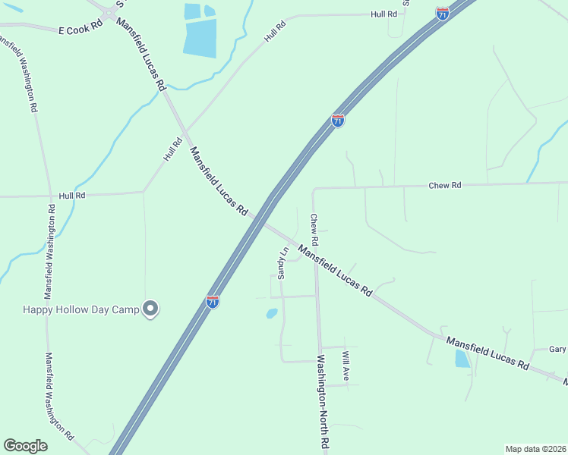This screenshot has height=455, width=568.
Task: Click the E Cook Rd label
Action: [80, 28]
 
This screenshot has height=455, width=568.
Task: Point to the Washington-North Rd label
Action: [322, 402]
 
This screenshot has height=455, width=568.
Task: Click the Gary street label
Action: [557, 350]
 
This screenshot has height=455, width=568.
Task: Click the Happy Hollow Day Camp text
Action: [81, 309]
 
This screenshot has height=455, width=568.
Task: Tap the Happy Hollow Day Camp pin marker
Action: [150, 308]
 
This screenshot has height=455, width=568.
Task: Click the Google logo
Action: [25, 446]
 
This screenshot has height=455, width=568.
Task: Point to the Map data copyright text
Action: [535, 448]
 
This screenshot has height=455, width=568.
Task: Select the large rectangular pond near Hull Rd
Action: [200, 37]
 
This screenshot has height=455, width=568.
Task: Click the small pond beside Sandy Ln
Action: [272, 312]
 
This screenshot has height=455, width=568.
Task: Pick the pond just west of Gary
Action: [462, 359]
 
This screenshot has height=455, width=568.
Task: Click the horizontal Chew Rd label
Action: [445, 185]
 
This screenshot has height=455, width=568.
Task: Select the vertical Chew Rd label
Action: [314, 229]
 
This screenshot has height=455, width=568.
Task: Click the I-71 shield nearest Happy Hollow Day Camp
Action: [213, 302]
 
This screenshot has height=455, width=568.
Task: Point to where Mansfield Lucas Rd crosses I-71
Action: [258, 220]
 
